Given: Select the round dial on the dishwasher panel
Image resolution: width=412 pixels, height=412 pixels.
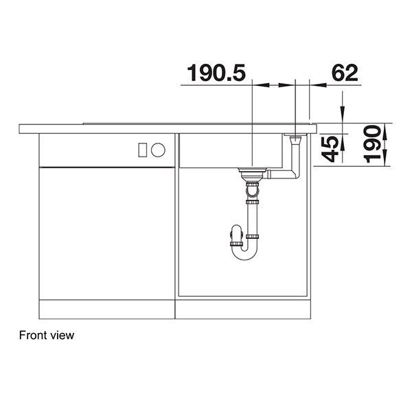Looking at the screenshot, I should (x=158, y=150).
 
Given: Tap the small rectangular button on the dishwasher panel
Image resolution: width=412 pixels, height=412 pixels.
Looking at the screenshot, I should (x=144, y=150).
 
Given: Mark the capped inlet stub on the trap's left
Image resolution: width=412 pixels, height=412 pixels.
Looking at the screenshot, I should (x=231, y=241).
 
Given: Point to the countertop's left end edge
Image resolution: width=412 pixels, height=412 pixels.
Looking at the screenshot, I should (x=21, y=128).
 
